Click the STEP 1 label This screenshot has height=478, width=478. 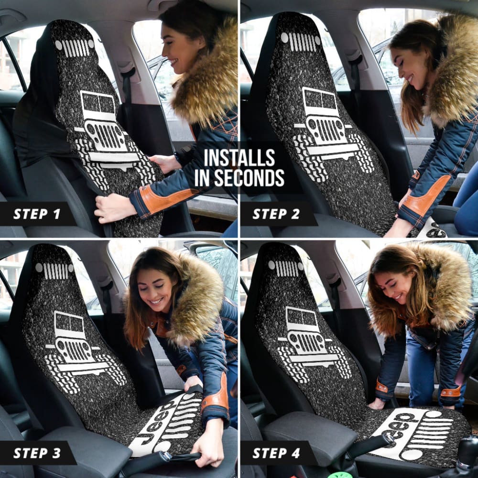point(37,214)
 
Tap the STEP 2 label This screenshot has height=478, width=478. point(276,214)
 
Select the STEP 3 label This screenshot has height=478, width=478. point(37,453)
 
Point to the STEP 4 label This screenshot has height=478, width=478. point(276,453)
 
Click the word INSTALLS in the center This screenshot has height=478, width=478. point(239,157)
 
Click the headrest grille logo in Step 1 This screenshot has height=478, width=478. point(75,47)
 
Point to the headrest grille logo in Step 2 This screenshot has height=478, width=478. point(301,41)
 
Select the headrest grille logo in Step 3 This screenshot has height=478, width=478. point(54,271)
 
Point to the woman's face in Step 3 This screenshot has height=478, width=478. point(154,287)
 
